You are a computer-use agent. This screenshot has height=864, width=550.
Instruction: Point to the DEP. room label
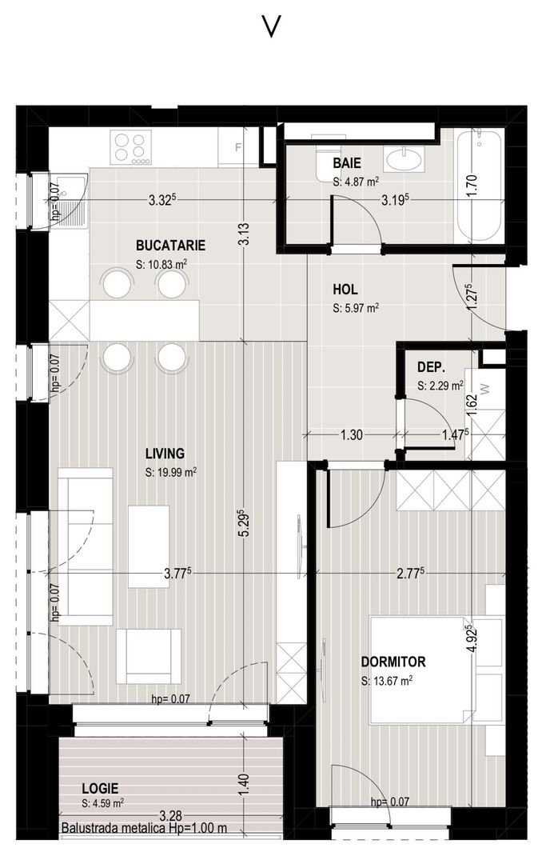[431, 367]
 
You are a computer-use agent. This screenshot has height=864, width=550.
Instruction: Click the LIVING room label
[165, 454]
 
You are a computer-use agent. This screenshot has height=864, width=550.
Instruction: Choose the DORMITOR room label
[393, 662]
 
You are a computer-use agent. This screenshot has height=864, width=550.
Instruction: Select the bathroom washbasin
[407, 159]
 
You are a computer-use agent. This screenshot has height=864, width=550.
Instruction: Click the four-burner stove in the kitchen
[132, 148]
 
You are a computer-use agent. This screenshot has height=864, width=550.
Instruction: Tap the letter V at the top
[272, 27]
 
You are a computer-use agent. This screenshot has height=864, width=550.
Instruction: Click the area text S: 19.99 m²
[171, 472]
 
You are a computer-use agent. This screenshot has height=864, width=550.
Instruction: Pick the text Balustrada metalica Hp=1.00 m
[144, 829]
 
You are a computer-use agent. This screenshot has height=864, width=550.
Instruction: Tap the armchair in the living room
[149, 656]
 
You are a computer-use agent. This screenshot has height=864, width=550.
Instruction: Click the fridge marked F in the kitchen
[238, 147]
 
